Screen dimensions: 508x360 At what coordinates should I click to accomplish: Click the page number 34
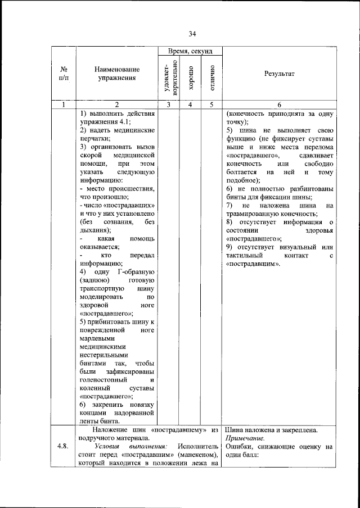(x=192, y=34)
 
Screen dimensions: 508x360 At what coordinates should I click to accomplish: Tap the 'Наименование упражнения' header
(x=116, y=74)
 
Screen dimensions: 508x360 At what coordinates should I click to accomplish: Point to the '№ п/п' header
(x=64, y=74)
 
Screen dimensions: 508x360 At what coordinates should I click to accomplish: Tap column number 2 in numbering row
(x=116, y=104)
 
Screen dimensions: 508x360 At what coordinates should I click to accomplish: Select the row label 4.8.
(x=63, y=447)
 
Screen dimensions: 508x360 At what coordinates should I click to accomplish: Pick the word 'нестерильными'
(x=105, y=355)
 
